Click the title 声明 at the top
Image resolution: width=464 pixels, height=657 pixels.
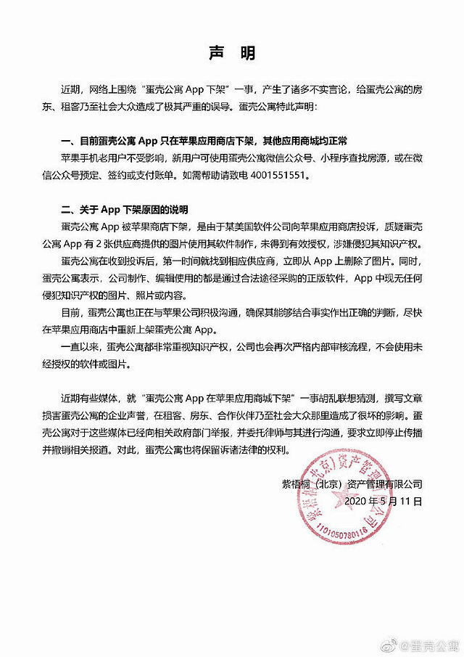(x=232, y=54)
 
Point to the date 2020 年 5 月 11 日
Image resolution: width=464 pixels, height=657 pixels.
(x=384, y=500)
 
